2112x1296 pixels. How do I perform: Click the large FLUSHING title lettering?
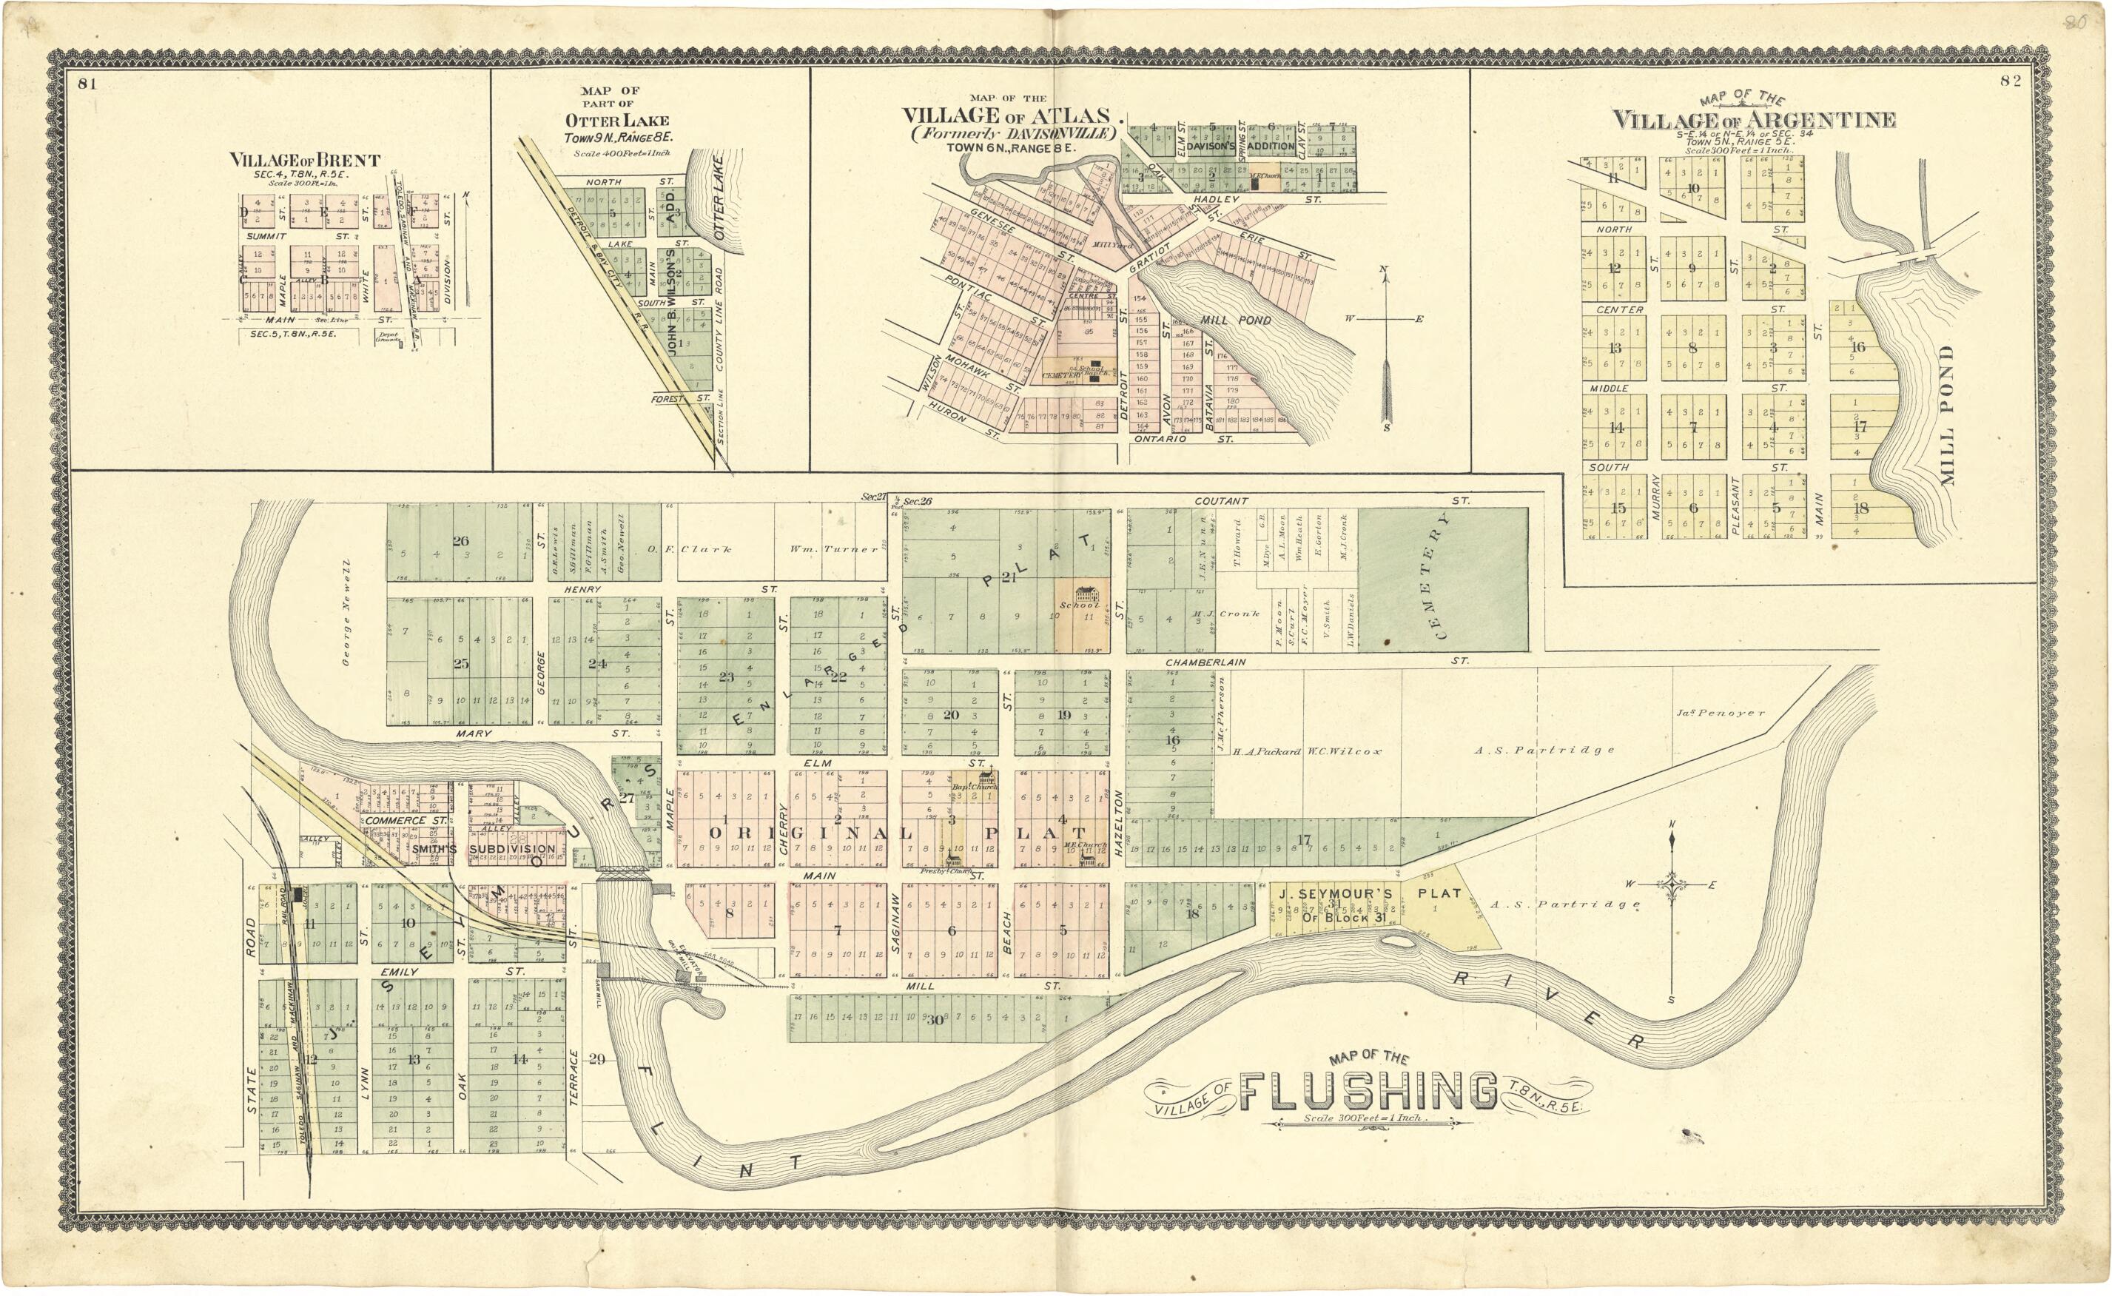1368,1090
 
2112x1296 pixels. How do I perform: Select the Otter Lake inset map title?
616,121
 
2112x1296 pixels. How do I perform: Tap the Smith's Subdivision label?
484,848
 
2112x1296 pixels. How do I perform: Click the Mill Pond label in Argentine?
1948,415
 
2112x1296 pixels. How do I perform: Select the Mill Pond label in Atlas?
1235,320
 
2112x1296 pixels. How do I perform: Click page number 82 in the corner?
2010,81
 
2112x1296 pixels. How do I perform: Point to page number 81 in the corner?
87,83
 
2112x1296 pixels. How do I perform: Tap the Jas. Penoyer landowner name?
1720,712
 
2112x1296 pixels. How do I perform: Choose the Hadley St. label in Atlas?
1217,199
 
